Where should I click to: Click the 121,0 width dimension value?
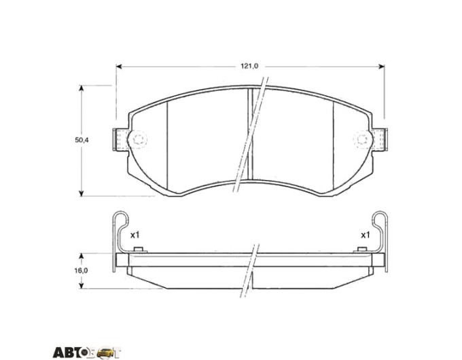point(249,67)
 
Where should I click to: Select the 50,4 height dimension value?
point(82,140)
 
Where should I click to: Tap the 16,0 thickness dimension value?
point(81,270)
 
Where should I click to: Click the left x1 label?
point(135,235)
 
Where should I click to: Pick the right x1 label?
point(365,235)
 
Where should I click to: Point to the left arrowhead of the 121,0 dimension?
point(119,67)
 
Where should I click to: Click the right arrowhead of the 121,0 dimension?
point(381,67)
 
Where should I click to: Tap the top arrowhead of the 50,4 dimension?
point(82,88)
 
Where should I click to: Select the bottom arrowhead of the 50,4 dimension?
point(82,193)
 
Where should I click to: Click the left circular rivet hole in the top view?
point(138,139)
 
